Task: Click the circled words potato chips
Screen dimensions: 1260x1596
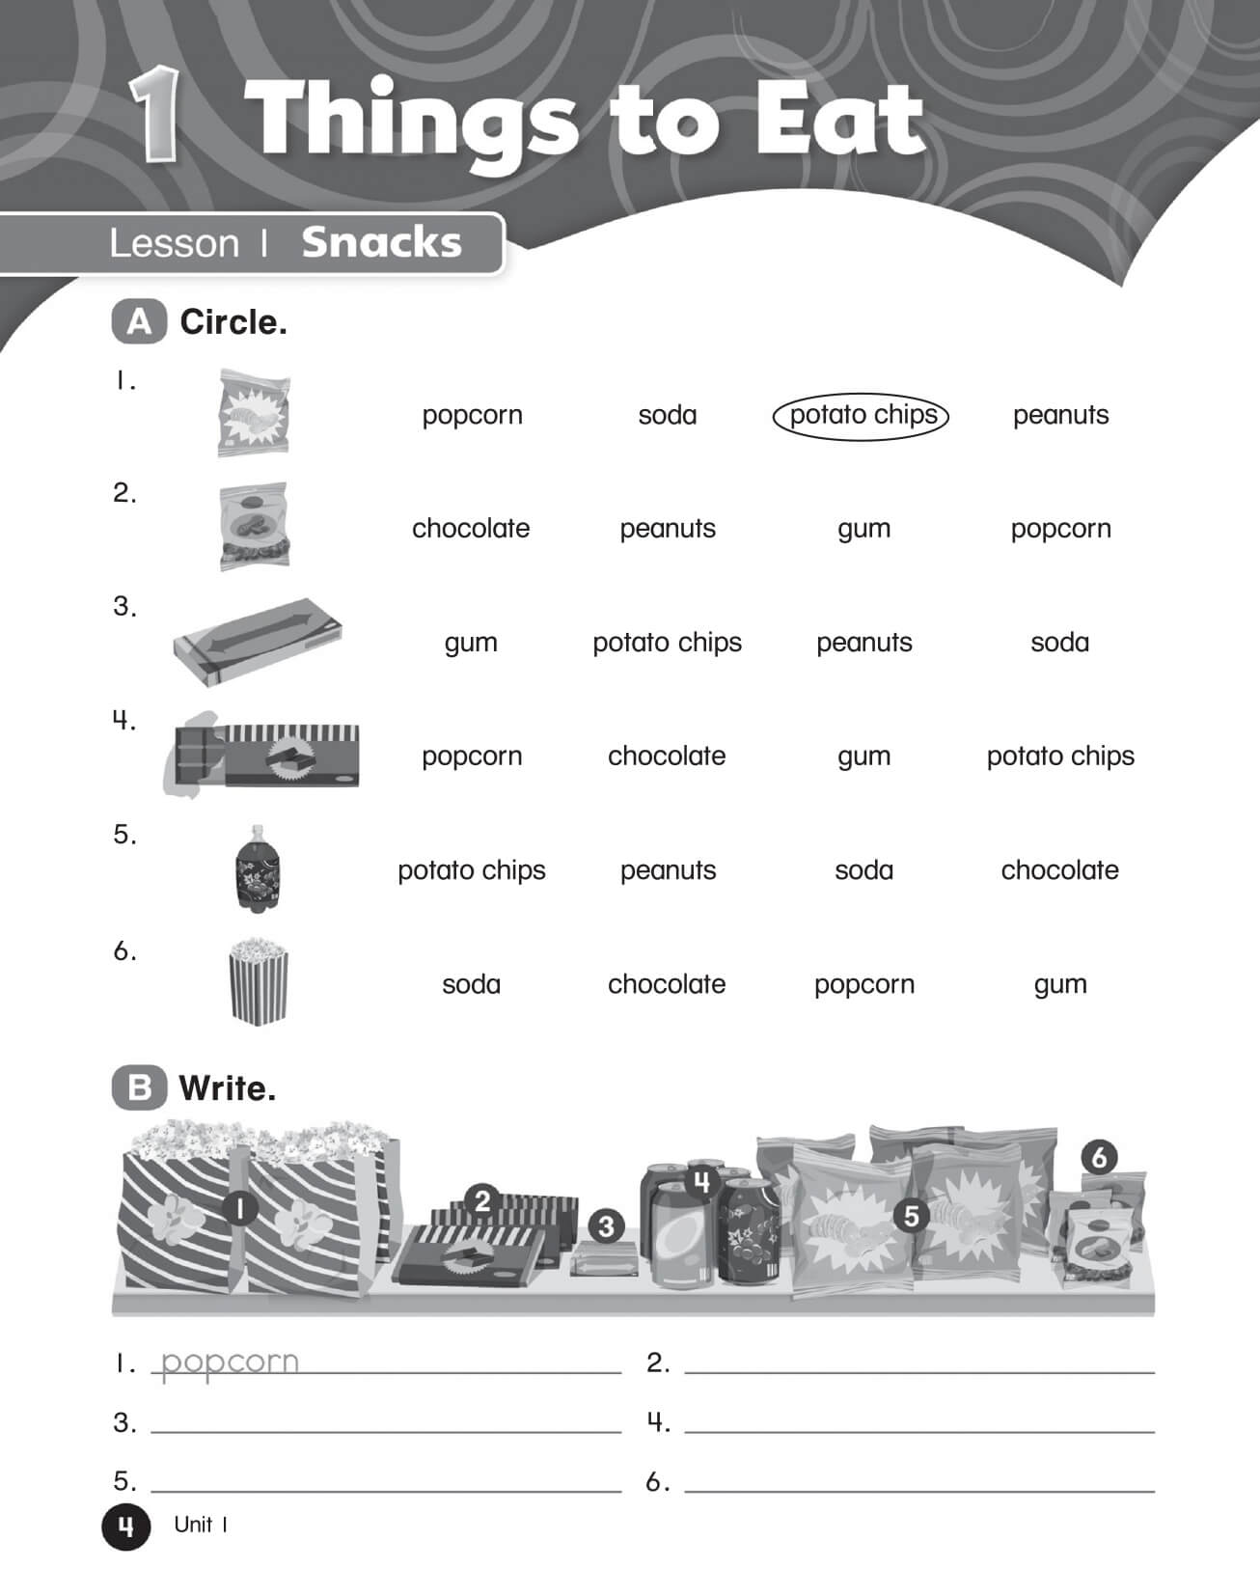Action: [x=862, y=415]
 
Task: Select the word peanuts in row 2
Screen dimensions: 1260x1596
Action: [x=668, y=529]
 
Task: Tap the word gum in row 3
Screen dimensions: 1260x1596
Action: [x=471, y=643]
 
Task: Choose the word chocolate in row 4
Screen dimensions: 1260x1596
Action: [x=667, y=757]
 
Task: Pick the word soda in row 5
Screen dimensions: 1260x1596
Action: [x=863, y=870]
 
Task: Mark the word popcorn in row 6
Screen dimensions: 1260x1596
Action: [x=863, y=984]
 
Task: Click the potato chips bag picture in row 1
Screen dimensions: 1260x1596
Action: [x=254, y=413]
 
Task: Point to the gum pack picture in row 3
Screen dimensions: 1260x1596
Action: [x=258, y=641]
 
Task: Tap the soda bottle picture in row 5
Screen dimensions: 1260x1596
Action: [x=258, y=868]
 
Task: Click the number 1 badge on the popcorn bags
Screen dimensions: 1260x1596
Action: [x=239, y=1207]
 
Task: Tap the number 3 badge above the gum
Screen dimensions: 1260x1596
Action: [x=606, y=1226]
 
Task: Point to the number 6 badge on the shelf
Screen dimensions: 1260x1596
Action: [x=1099, y=1157]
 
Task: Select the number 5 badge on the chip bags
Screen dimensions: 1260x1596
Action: [x=911, y=1216]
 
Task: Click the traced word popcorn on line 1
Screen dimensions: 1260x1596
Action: [x=230, y=1362]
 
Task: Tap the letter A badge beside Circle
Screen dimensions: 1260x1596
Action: [x=139, y=322]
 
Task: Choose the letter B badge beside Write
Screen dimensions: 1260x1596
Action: [x=139, y=1088]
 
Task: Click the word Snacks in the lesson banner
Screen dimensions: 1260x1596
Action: [x=382, y=243]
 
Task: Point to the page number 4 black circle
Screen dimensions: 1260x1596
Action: [x=126, y=1526]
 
